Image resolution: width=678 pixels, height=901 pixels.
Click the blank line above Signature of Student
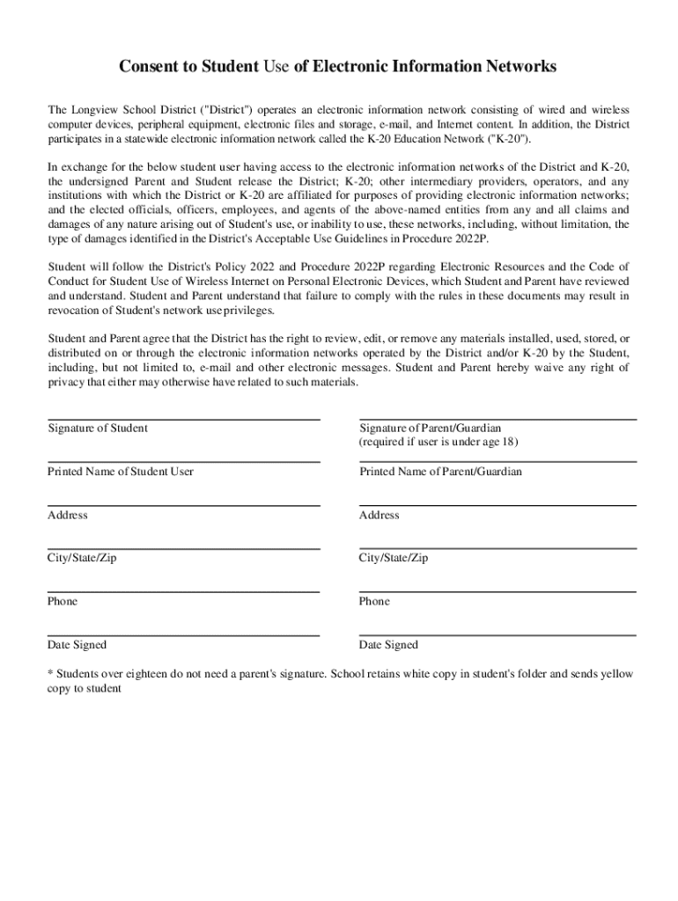(x=183, y=419)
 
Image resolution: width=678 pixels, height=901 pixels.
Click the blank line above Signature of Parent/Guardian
(x=497, y=419)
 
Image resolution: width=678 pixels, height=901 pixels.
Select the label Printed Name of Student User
(x=121, y=472)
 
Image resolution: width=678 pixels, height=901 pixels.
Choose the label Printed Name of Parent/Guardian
(x=440, y=472)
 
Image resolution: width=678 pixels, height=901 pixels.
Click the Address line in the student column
(x=183, y=505)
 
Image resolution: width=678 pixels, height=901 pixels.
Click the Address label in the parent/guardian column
(x=379, y=515)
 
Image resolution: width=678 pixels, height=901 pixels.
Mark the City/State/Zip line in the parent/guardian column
(x=497, y=548)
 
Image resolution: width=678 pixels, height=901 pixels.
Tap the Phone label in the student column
(x=63, y=601)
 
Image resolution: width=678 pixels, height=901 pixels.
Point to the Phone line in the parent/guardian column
(x=497, y=591)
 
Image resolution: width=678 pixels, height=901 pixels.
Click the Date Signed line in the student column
(x=183, y=634)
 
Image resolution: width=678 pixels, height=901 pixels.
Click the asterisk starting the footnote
(x=50, y=674)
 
